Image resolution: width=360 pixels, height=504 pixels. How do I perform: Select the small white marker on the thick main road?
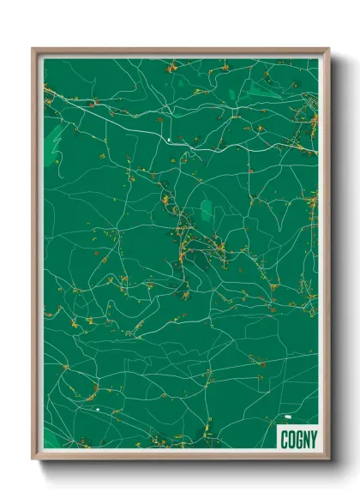click(x=171, y=138)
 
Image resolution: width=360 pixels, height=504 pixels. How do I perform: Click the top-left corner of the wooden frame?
click(x=33, y=49)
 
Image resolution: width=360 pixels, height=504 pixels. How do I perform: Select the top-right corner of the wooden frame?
click(x=327, y=49)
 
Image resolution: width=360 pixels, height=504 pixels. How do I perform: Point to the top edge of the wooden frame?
click(x=180, y=50)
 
